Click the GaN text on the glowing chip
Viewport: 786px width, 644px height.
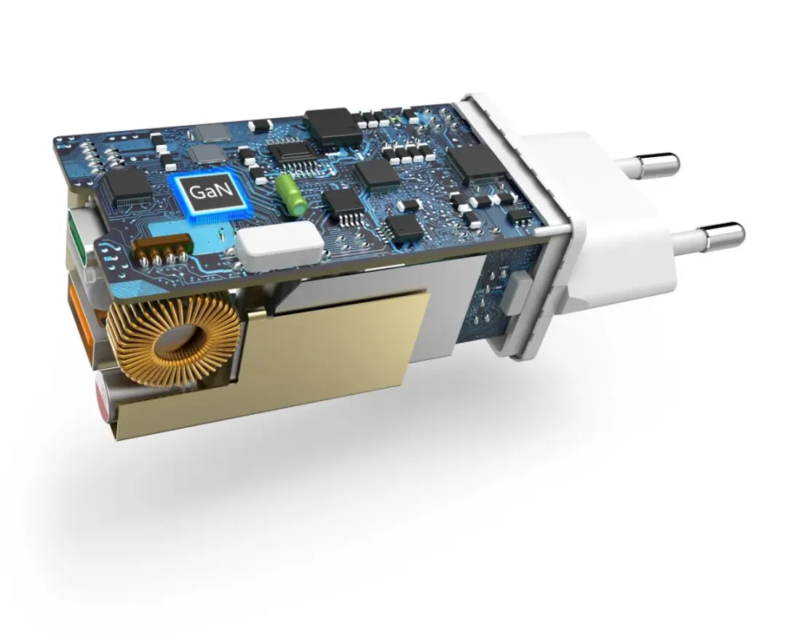click(205, 191)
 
